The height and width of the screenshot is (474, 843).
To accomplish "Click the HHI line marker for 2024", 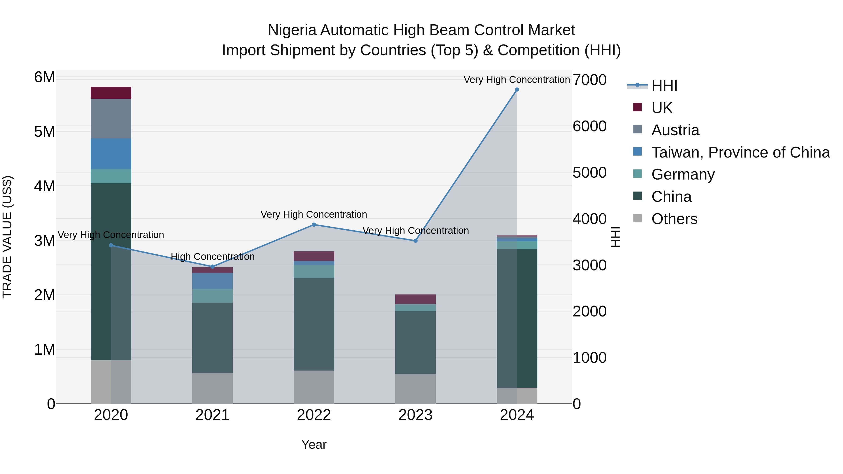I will tap(517, 90).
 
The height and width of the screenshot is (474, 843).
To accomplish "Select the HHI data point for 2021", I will tap(212, 267).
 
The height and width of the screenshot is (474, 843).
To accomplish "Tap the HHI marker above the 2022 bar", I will tap(314, 225).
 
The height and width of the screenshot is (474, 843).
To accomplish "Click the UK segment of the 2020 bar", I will tap(111, 93).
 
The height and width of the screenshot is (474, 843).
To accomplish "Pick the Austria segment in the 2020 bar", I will tap(111, 118).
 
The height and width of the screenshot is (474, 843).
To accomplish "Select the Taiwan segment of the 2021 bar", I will tap(212, 281).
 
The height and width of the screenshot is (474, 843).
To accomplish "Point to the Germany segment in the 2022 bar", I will tap(314, 272).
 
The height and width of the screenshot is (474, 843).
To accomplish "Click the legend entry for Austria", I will tap(675, 130).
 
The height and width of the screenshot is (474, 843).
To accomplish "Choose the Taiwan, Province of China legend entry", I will tap(740, 152).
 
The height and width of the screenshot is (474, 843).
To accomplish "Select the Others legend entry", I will tap(674, 219).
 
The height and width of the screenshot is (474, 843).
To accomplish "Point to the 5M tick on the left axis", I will tap(45, 132).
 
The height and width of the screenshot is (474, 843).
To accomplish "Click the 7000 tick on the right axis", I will tap(589, 80).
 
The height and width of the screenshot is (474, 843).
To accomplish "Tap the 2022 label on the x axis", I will tap(314, 415).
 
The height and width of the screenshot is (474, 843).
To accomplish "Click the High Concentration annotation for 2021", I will tap(213, 257).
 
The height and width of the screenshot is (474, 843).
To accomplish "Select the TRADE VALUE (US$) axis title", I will tap(7, 237).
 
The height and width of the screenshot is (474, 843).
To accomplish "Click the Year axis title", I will tap(314, 445).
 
